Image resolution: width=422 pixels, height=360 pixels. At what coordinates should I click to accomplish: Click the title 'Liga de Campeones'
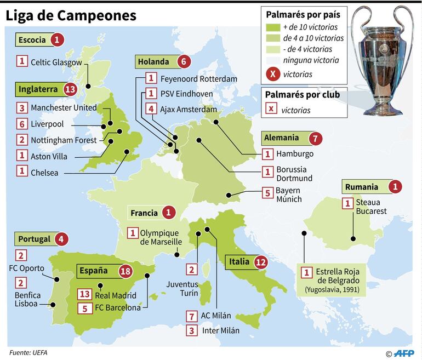[x=71, y=16]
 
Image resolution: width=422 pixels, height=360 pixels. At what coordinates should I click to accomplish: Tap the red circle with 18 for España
[x=126, y=271]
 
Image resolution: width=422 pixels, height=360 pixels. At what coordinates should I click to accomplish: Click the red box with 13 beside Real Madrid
[x=85, y=295]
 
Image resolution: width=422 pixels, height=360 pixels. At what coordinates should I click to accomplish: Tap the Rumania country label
[x=362, y=187]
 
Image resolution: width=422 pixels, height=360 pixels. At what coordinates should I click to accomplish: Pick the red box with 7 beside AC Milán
[x=191, y=316]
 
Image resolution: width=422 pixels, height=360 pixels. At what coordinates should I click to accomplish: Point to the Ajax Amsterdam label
[x=189, y=110]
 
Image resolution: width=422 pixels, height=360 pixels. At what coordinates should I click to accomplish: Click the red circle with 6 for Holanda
[x=184, y=62]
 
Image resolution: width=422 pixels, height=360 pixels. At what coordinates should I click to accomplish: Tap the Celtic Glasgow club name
[x=56, y=62]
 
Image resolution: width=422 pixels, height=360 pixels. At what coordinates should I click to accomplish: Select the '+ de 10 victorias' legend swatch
[x=272, y=27]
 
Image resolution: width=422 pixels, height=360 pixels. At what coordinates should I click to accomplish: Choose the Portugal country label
[x=35, y=239]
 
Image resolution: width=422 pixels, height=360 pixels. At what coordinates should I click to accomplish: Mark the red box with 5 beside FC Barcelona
[x=85, y=308]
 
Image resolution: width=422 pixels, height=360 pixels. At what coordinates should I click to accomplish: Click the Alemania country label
[x=282, y=138]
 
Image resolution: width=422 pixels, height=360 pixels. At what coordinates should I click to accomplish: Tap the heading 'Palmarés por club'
[x=303, y=94]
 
